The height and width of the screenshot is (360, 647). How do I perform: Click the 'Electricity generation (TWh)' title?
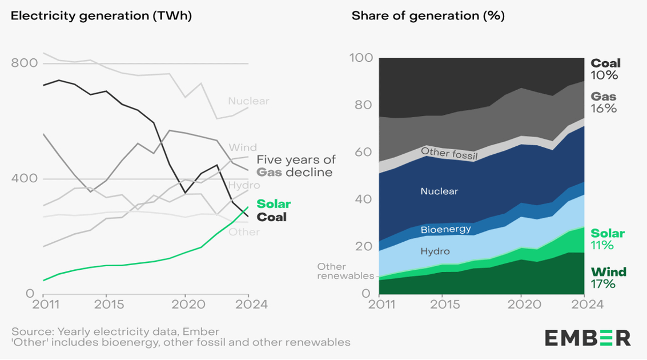[101, 16]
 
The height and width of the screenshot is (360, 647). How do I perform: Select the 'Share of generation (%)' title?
[428, 16]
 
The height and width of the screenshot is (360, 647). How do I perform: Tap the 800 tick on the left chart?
[25, 63]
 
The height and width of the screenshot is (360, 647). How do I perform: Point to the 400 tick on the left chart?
[25, 178]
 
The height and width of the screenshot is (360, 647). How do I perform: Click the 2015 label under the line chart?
[106, 304]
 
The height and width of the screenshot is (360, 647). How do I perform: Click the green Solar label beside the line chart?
[274, 204]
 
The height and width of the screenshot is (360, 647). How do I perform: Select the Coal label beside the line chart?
[271, 217]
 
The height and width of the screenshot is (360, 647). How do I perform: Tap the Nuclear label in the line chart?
[248, 101]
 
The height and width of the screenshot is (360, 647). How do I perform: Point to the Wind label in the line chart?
[243, 147]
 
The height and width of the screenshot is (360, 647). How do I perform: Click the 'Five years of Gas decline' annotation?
[295, 166]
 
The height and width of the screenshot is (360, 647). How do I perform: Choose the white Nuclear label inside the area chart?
[439, 191]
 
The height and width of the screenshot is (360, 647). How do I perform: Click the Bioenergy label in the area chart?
[445, 230]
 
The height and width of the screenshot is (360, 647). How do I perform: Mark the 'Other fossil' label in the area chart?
[448, 153]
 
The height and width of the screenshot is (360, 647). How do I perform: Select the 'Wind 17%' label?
[608, 278]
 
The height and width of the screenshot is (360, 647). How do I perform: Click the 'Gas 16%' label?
[604, 102]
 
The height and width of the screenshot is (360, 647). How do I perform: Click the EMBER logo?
[588, 337]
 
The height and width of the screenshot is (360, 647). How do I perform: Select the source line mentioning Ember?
[115, 332]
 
